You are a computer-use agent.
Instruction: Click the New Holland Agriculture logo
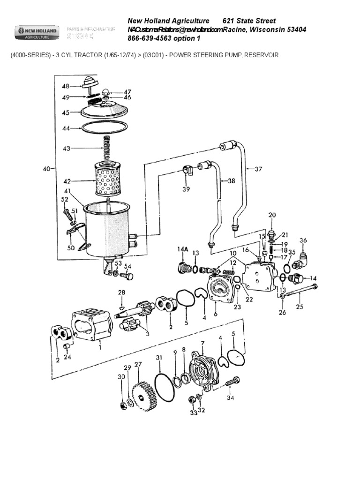point(37,31)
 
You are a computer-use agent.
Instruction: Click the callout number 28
point(121,292)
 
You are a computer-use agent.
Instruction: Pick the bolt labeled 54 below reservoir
point(127,276)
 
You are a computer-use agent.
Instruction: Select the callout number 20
point(271,215)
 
